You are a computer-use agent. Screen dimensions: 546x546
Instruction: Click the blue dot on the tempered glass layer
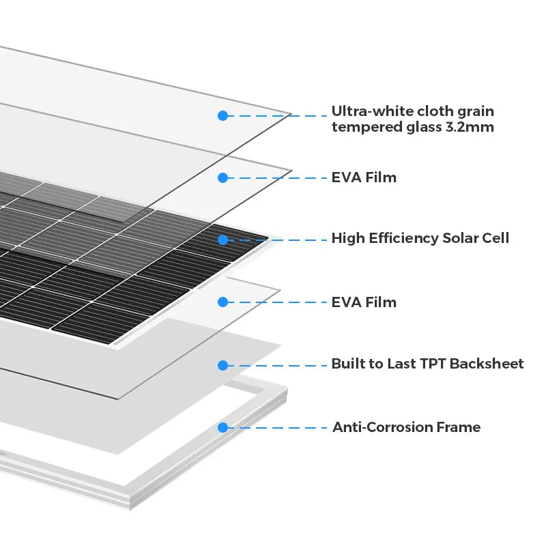(x=222, y=115)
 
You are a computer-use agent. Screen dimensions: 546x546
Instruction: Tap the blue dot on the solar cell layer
(x=222, y=240)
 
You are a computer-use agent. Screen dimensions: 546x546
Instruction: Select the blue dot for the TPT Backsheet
(x=222, y=365)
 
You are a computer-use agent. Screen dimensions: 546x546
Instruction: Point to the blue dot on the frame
(x=222, y=428)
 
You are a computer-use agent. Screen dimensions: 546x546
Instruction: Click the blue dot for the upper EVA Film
(x=222, y=177)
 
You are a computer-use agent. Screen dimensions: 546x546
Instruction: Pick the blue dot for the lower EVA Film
(x=222, y=302)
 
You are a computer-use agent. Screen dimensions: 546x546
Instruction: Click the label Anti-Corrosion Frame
(x=406, y=427)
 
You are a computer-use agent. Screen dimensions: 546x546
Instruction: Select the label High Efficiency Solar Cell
(x=420, y=238)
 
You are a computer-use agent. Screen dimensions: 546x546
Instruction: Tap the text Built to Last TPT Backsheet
(x=427, y=364)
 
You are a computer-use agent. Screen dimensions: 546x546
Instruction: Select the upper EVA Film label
(x=364, y=177)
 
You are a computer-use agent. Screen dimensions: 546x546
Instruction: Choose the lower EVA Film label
(x=364, y=302)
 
